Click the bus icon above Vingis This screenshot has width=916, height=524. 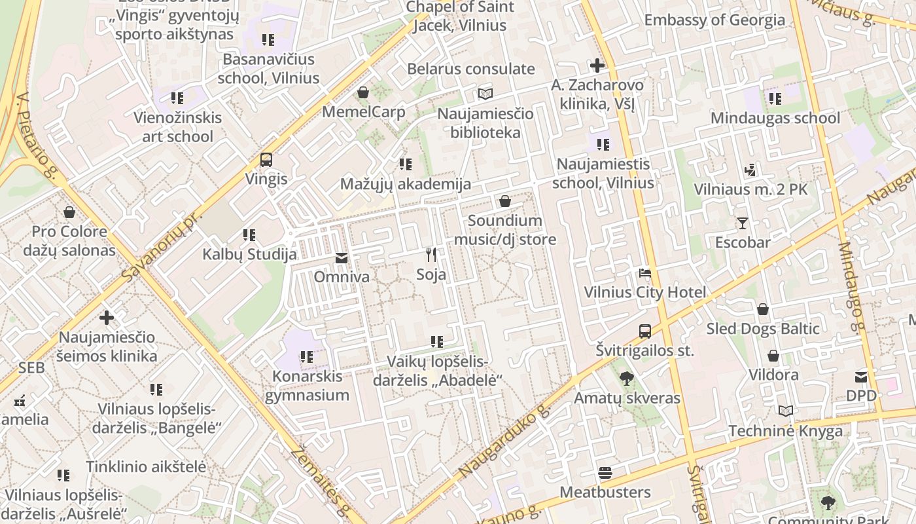(266, 160)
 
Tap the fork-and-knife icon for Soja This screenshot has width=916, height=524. (431, 255)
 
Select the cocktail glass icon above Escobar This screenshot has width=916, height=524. (742, 223)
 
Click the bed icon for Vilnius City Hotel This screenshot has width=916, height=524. (645, 273)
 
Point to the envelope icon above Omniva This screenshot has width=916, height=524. (342, 258)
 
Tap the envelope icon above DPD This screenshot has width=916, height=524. (861, 377)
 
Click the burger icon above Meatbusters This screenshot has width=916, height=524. (605, 473)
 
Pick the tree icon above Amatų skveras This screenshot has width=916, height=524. (626, 379)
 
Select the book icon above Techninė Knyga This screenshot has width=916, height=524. (785, 411)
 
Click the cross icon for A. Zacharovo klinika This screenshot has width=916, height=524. (597, 65)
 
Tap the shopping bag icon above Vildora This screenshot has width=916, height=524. (773, 356)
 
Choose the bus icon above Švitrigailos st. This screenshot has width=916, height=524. (645, 331)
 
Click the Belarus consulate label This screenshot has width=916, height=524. (471, 69)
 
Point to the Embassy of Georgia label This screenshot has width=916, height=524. (714, 20)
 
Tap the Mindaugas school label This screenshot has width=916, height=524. (775, 118)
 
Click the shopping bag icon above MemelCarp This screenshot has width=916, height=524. (363, 92)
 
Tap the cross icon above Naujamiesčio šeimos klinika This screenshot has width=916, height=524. (107, 318)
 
